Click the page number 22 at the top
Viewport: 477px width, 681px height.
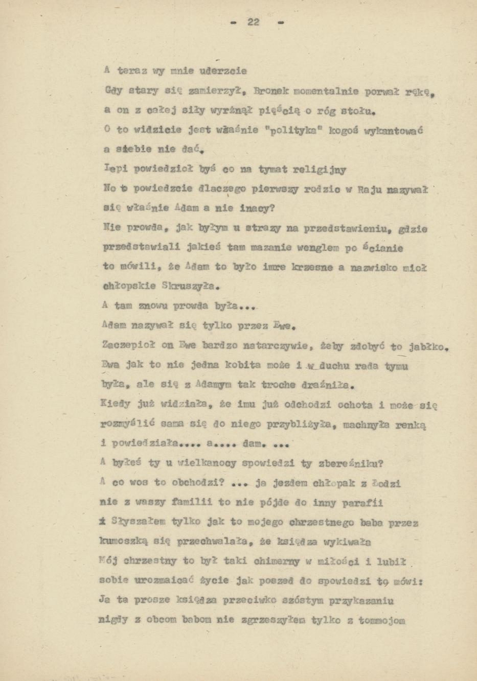click(254, 22)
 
